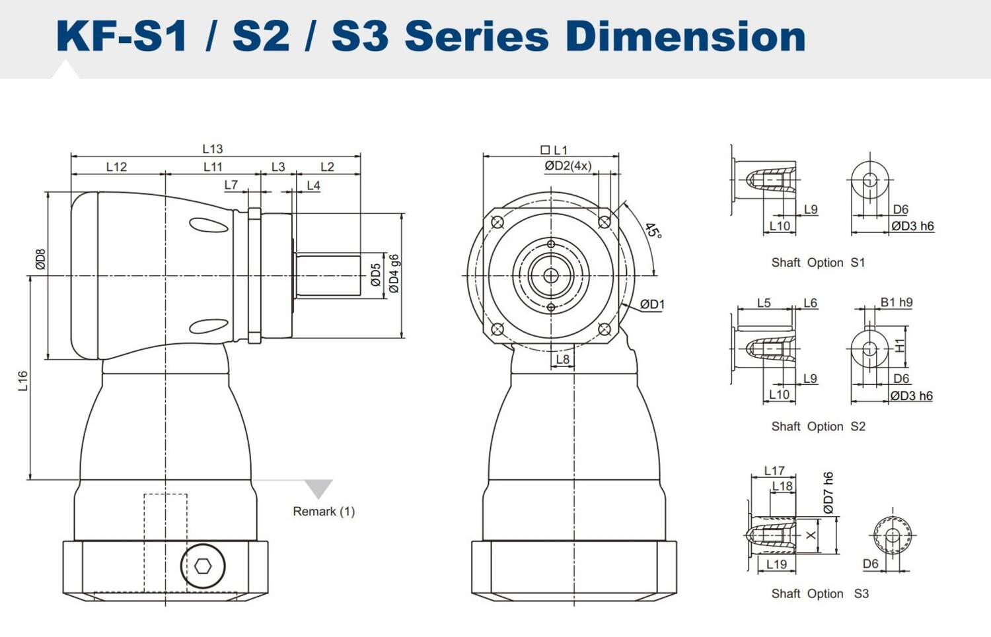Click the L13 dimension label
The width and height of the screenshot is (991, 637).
click(x=212, y=149)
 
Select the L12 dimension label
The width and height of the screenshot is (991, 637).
click(x=116, y=167)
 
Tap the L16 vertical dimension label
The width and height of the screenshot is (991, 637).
click(x=23, y=380)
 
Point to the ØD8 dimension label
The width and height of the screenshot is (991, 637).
click(x=41, y=259)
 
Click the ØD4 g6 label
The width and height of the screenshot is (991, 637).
click(x=394, y=273)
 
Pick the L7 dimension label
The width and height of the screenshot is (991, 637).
click(x=231, y=185)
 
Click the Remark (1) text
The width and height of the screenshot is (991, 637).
click(x=324, y=512)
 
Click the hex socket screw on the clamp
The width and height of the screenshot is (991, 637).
click(x=203, y=566)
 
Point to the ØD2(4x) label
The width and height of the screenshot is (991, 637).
click(x=568, y=166)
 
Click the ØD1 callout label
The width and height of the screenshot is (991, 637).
click(x=652, y=304)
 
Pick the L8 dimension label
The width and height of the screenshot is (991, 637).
click(x=562, y=359)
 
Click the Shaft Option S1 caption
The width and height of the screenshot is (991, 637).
click(x=818, y=263)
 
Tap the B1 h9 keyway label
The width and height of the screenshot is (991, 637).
click(x=896, y=302)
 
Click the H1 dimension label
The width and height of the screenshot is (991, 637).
click(x=899, y=345)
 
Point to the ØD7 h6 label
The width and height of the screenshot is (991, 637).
click(x=828, y=492)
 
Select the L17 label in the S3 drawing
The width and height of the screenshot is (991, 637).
click(x=774, y=471)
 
